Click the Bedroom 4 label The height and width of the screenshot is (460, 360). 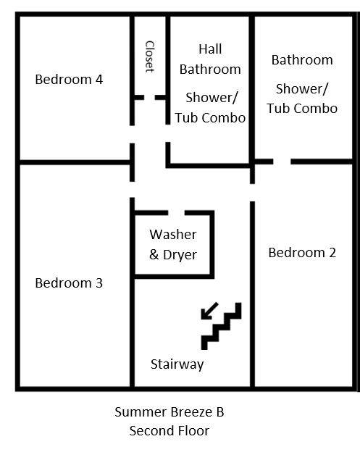point(69,79)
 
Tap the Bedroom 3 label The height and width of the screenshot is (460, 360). point(69,283)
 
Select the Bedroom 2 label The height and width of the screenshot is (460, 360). point(302,253)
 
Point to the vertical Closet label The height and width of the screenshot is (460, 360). point(150,56)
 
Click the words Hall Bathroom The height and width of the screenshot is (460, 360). point(210,59)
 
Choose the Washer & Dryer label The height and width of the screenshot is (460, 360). point(172,245)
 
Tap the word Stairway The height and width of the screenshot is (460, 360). point(177,364)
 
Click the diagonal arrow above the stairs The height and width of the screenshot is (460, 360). point(209,310)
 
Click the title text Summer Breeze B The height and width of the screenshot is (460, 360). point(169,413)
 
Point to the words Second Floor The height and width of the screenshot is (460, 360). point(169,431)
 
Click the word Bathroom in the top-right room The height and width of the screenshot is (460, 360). point(302,60)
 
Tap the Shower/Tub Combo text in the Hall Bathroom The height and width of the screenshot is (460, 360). point(210,107)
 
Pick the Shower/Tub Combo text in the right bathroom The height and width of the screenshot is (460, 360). point(302,99)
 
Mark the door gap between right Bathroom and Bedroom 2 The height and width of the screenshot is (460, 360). point(282,161)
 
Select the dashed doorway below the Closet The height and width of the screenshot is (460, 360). point(150,96)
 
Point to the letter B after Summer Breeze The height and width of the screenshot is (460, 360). point(219,413)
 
